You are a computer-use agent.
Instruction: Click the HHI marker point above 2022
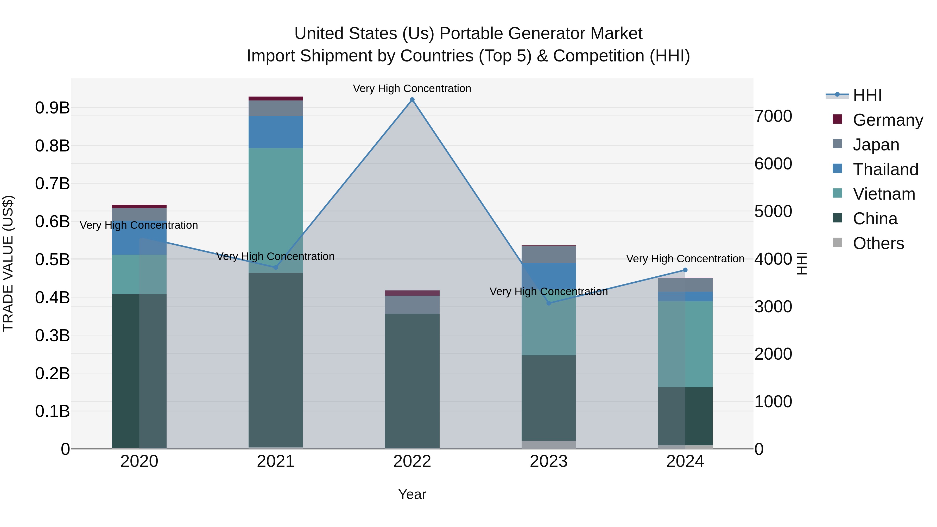point(412,100)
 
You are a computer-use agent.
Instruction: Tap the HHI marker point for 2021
point(276,267)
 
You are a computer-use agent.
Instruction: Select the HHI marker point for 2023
point(549,303)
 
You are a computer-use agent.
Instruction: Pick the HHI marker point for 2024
point(685,270)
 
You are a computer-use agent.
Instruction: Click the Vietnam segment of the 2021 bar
point(276,210)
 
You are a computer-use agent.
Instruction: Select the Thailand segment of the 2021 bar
point(276,132)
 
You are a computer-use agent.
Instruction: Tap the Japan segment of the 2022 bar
point(412,305)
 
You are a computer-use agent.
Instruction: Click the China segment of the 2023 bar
point(549,398)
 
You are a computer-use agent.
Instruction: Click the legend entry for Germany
point(888,120)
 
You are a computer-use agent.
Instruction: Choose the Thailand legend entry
point(885,169)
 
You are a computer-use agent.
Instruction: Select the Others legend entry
point(878,243)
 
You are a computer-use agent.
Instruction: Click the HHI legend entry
point(867,95)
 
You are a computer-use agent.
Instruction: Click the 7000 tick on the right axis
point(773,116)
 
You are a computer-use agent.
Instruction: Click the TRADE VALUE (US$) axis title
point(8,263)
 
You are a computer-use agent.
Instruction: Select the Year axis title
point(412,494)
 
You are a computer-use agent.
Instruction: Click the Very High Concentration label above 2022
point(412,89)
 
